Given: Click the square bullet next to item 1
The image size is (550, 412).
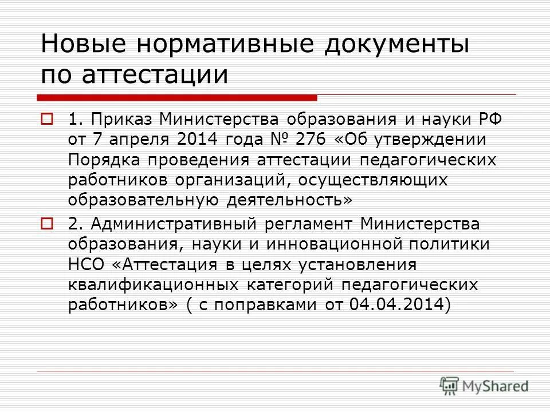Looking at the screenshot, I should pyautogui.click(x=47, y=120).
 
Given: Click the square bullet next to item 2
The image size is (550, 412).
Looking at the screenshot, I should pyautogui.click(x=47, y=222).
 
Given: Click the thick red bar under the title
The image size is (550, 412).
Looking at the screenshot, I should pyautogui.click(x=178, y=97).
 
